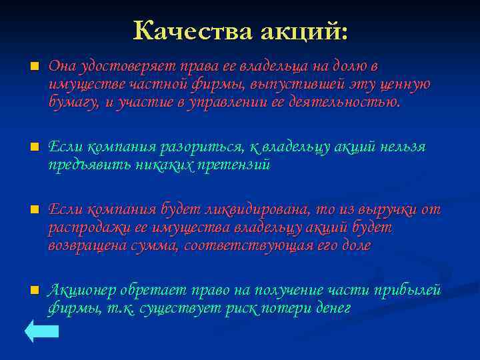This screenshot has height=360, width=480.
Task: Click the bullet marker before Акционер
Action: click(34, 291)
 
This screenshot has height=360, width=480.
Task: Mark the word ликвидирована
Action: click(254, 209)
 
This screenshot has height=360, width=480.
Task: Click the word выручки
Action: click(385, 209)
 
